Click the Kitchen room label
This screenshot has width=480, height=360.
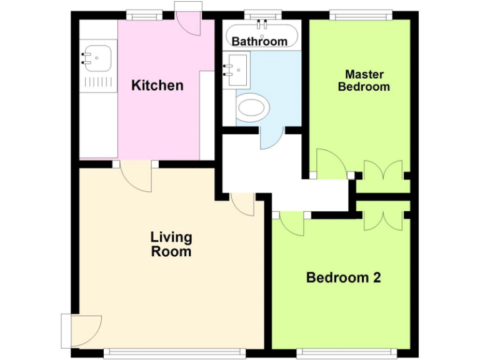[x=157, y=86]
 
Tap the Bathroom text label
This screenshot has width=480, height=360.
[x=259, y=42]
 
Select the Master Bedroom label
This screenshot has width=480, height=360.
[x=364, y=81]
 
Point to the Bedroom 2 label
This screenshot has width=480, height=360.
[x=343, y=277]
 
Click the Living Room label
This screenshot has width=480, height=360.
[x=171, y=245]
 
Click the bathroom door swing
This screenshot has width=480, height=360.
[x=271, y=137]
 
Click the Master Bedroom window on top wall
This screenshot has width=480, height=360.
[x=361, y=14]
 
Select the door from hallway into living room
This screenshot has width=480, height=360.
[x=242, y=204]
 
